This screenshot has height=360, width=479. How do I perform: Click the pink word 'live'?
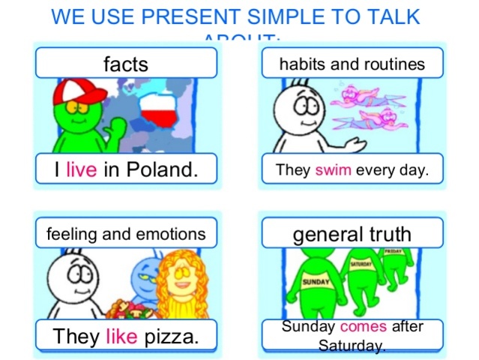[81, 170]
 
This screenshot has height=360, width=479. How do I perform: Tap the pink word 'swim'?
[333, 170]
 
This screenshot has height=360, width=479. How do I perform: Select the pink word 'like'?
[121, 337]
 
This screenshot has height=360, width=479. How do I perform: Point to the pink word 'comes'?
[364, 327]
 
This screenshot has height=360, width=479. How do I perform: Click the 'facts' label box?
[125, 64]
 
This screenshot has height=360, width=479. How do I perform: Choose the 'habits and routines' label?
[352, 64]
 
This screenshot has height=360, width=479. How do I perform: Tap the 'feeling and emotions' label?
[125, 234]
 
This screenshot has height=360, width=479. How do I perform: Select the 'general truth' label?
[352, 235]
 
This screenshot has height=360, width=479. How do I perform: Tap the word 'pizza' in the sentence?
[172, 337]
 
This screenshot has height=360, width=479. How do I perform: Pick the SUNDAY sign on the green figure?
[316, 282]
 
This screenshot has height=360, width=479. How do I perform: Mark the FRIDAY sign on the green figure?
[394, 252]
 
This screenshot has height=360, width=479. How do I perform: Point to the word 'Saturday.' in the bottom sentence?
[352, 346]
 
